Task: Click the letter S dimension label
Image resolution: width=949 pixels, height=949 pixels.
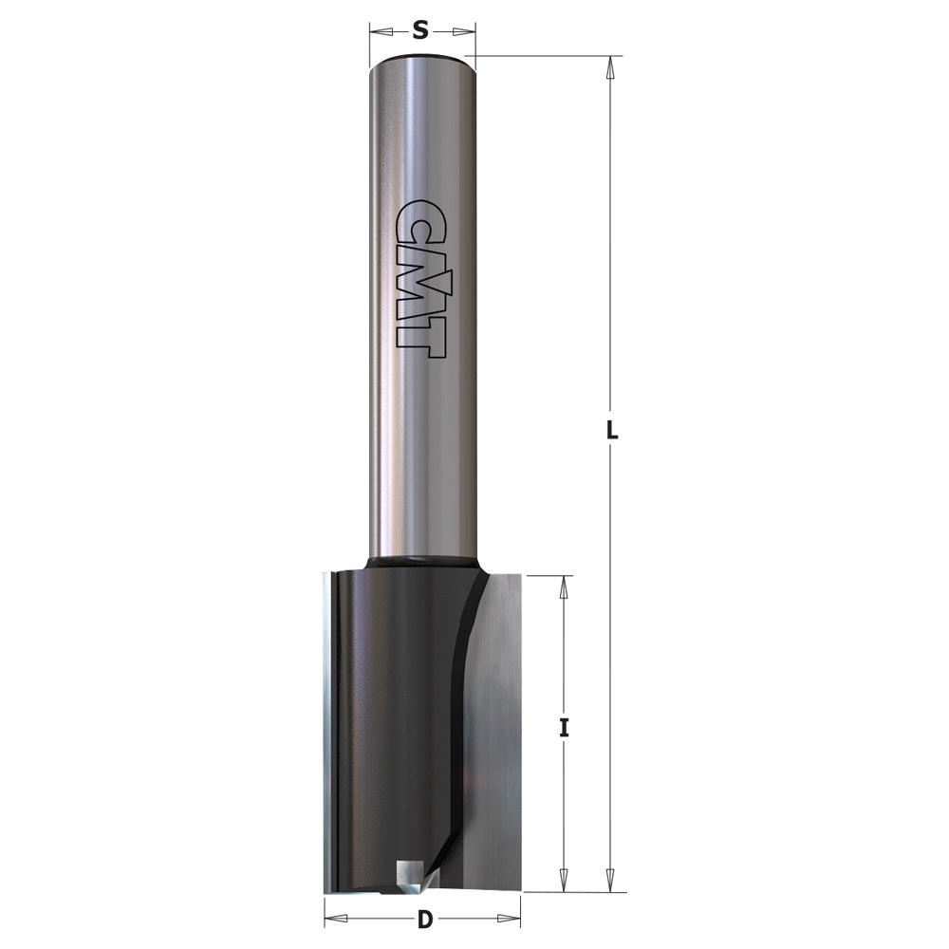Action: coord(421,31)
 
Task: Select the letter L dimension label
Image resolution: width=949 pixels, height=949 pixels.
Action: coord(612,430)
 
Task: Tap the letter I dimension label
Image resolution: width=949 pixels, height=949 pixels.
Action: coord(564,729)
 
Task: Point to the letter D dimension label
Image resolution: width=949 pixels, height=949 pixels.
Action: coord(424,919)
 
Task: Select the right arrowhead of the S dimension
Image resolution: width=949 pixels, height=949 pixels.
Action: coord(462,32)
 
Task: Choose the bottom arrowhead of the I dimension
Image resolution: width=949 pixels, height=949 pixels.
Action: coord(564,880)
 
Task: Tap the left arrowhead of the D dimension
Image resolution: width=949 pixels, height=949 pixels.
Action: coord(337,919)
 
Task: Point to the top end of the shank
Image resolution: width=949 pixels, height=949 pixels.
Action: coord(421,62)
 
